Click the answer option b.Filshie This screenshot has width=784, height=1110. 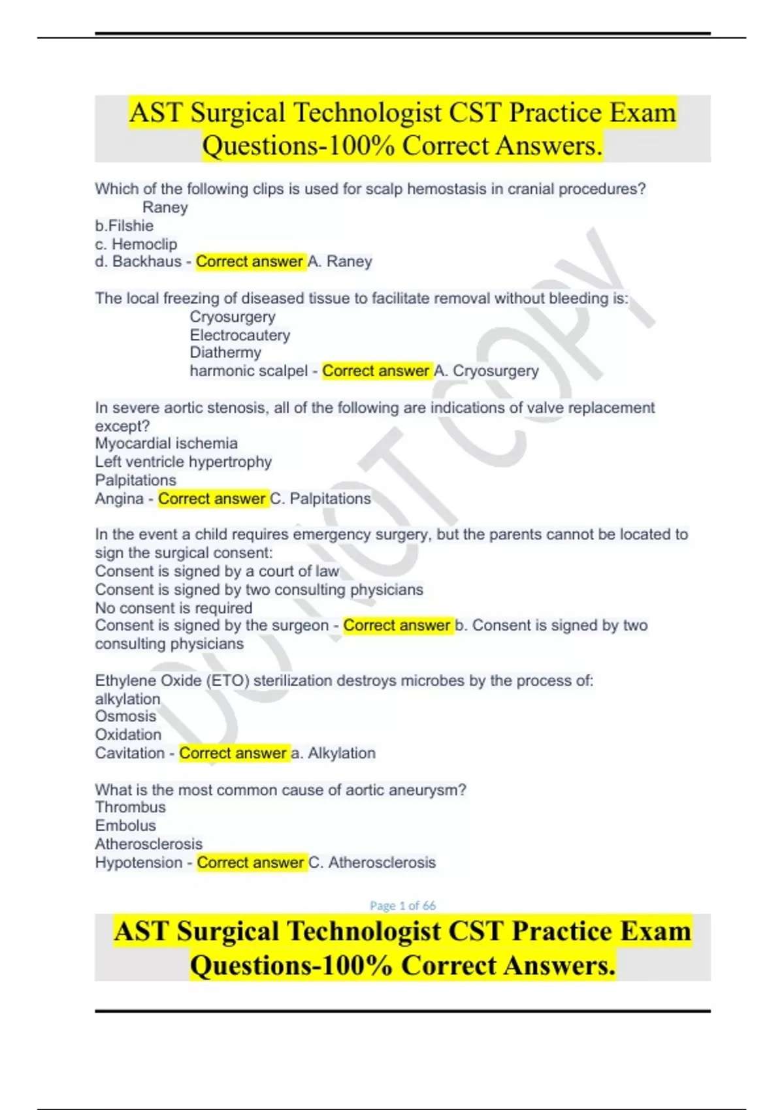(x=124, y=226)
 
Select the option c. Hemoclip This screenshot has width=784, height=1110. (x=136, y=244)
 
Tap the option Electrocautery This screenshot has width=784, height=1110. (x=240, y=335)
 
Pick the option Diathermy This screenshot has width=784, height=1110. (x=225, y=353)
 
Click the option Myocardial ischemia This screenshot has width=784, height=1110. (x=166, y=443)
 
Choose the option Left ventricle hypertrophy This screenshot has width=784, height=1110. (x=183, y=462)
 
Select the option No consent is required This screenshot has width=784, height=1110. (x=173, y=608)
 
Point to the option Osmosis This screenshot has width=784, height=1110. (x=125, y=716)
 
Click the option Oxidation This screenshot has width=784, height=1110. (x=128, y=735)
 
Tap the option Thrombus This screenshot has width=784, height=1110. (x=130, y=807)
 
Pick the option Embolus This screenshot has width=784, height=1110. (x=125, y=825)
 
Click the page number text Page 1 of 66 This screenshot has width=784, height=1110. (x=402, y=906)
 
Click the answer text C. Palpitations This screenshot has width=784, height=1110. (x=320, y=499)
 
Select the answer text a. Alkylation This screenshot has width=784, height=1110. (x=333, y=753)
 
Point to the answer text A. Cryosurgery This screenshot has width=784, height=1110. (x=486, y=371)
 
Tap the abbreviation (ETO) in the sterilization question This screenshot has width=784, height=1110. (x=228, y=680)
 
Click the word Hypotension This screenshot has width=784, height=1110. (x=139, y=863)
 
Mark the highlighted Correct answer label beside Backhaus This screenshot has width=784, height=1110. (x=249, y=262)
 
